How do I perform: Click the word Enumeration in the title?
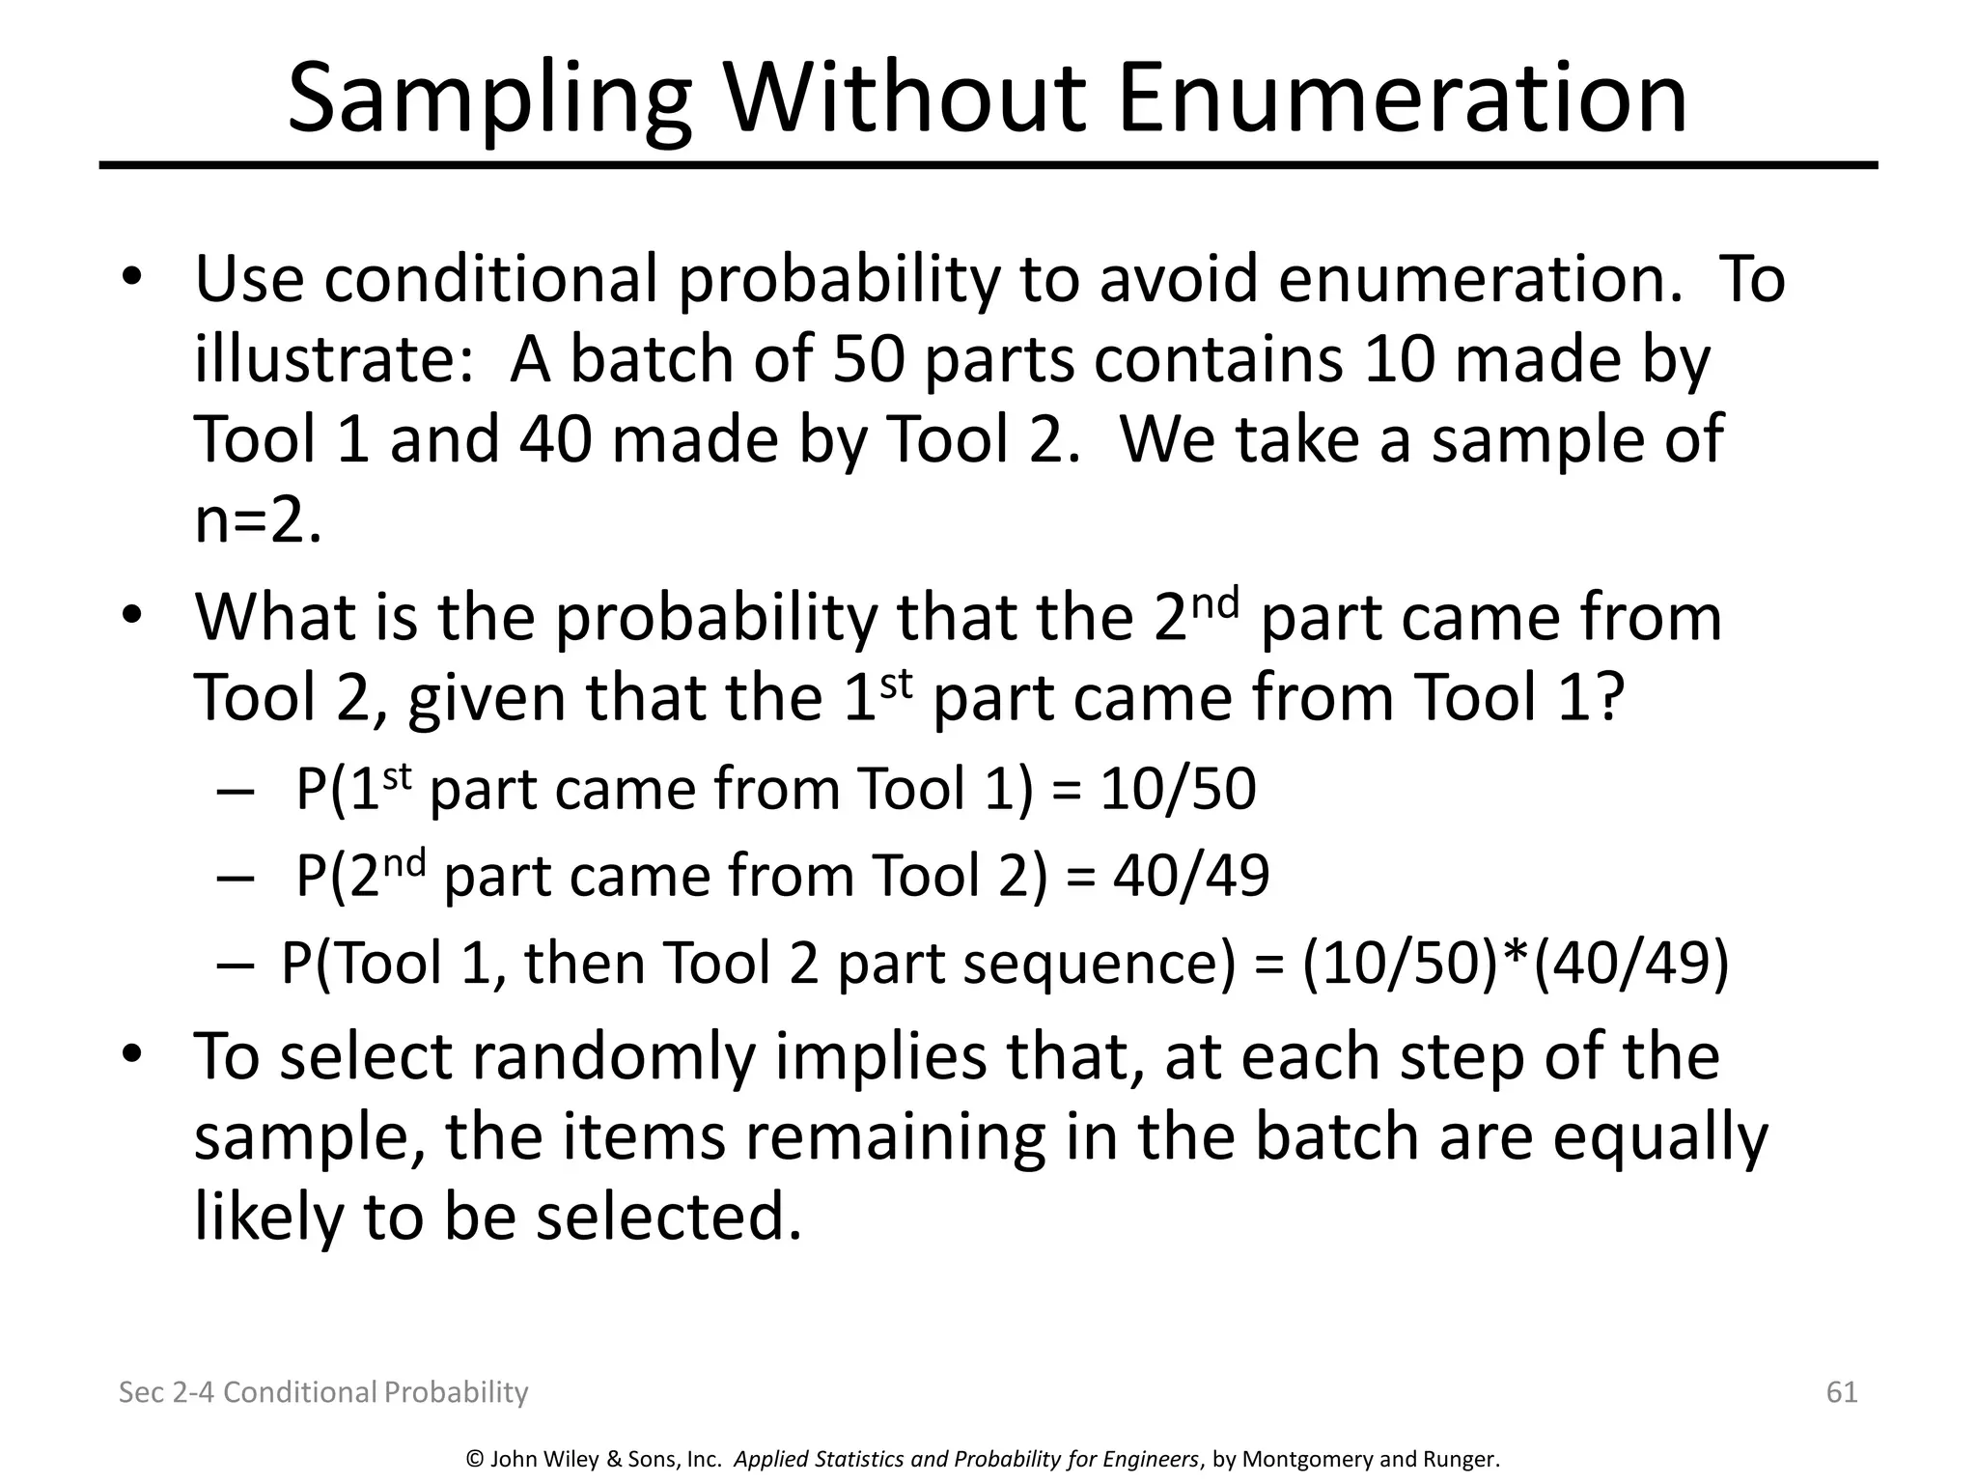click(1402, 98)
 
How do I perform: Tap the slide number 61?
click(1842, 1391)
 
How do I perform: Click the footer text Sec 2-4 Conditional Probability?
click(323, 1391)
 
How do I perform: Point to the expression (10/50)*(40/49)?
click(1515, 963)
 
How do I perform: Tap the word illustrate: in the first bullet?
click(334, 359)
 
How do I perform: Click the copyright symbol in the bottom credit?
click(474, 1460)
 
